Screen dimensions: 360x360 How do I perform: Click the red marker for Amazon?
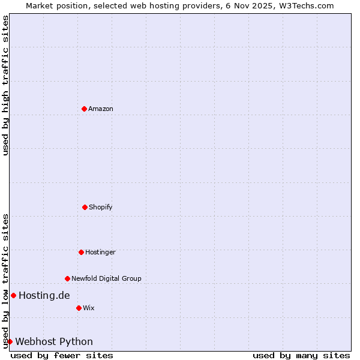point(85,109)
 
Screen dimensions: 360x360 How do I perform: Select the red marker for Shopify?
point(85,207)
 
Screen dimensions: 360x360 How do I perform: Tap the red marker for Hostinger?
point(81,252)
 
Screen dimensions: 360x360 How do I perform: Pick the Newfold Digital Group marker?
point(67,278)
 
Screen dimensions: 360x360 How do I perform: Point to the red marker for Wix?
point(79,308)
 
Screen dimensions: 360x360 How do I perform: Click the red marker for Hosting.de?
point(13,295)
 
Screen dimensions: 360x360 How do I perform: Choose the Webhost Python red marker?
point(10,341)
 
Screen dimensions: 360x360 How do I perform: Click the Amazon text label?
point(101,109)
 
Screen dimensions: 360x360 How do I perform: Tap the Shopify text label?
point(101,208)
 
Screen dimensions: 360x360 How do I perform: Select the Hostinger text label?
point(100,253)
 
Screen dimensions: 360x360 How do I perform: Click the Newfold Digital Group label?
point(106,278)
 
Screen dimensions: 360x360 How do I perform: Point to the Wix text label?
point(89,308)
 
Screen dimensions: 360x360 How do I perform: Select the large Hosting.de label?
point(44,295)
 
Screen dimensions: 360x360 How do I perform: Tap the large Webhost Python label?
point(54,342)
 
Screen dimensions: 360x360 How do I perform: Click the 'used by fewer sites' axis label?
point(62,356)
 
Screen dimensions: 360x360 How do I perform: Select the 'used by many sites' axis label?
point(301,356)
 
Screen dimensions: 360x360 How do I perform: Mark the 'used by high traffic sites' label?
point(5,85)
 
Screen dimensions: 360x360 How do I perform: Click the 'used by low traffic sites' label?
point(5,281)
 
